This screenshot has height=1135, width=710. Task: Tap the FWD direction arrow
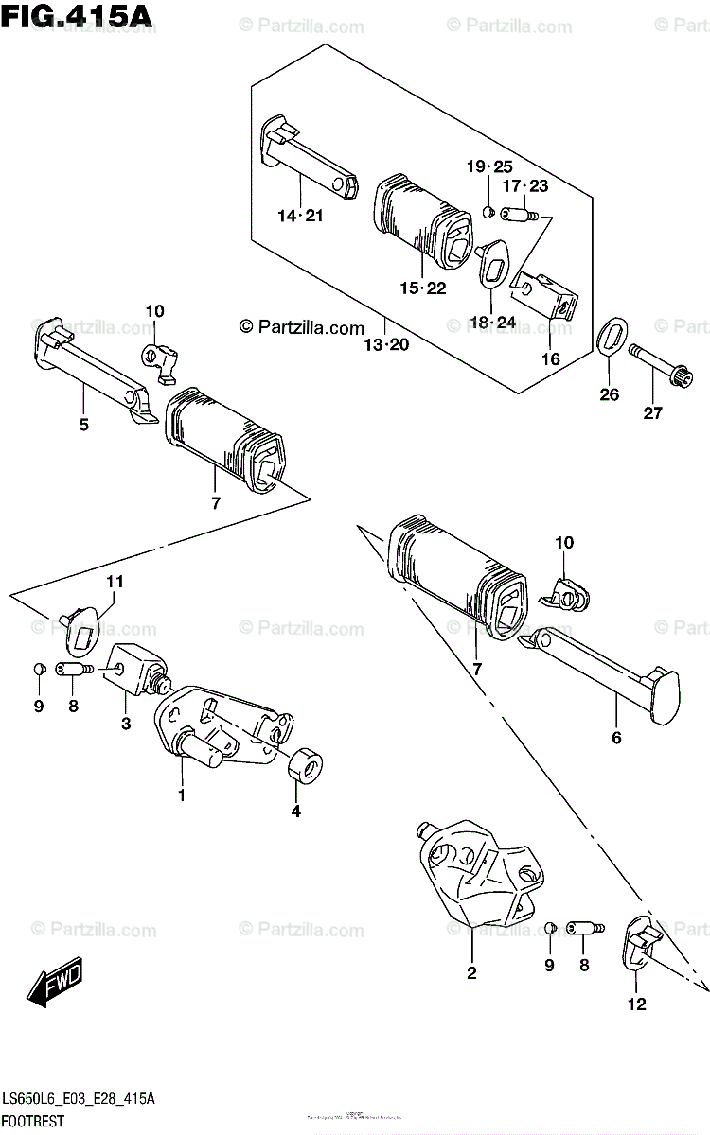point(56,983)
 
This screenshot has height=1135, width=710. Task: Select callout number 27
point(652,411)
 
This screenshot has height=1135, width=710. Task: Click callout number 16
point(550,358)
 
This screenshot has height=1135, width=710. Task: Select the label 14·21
point(300,216)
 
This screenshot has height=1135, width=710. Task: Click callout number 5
point(83,425)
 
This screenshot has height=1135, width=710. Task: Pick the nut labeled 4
point(304,764)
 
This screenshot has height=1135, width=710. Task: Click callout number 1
point(182,796)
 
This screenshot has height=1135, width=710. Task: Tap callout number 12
point(636,1004)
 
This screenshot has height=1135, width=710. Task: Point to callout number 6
point(616,737)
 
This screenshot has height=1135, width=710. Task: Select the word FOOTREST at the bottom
point(33,1122)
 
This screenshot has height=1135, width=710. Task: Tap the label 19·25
point(488,166)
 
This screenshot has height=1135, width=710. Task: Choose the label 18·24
point(492,323)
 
